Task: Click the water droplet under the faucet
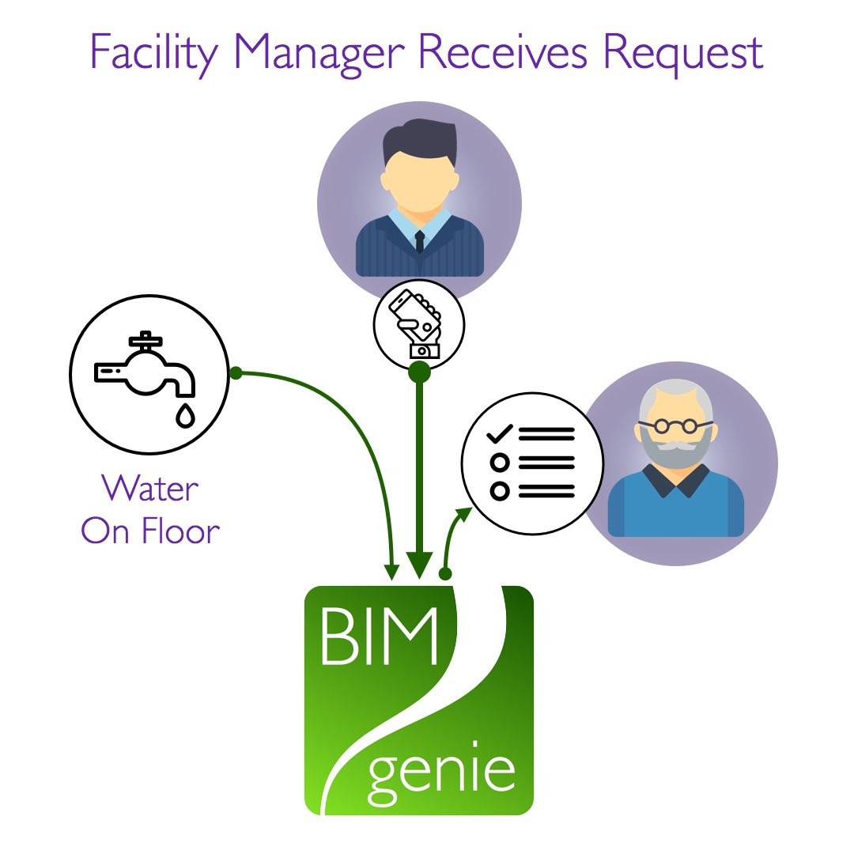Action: (185, 415)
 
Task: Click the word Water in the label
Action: (150, 489)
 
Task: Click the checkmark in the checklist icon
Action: (500, 433)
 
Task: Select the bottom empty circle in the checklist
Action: (500, 491)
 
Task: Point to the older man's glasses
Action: (675, 426)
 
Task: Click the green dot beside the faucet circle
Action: (235, 373)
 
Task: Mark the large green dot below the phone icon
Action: (419, 372)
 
